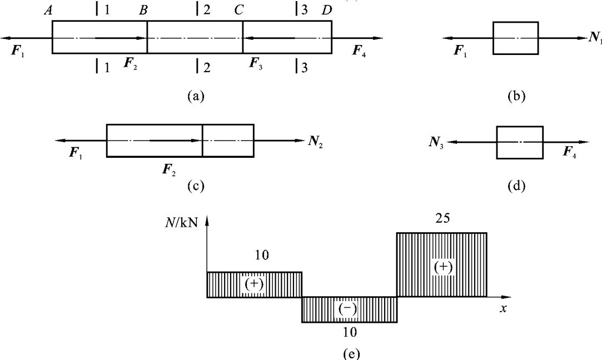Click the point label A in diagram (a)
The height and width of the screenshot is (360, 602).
coord(49,9)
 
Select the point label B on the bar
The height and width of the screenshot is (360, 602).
coord(143,9)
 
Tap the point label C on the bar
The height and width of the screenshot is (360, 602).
coord(238,9)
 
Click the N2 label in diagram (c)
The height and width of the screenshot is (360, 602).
coord(315,140)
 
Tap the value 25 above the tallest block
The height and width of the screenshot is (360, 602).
coord(442,218)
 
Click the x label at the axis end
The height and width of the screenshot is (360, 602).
coord(503,308)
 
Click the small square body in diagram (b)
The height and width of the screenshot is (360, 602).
coord(515,38)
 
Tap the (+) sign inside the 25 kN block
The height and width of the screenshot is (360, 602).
coord(442,267)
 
